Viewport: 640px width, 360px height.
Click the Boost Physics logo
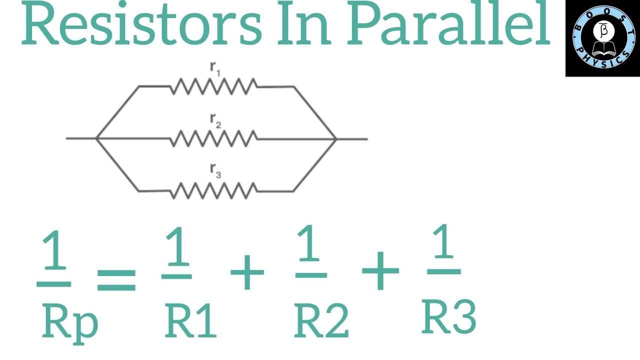click(602, 38)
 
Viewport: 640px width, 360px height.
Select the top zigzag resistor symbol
click(214, 86)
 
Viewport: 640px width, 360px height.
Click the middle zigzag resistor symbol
click(214, 138)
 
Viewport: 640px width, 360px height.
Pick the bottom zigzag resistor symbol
click(214, 190)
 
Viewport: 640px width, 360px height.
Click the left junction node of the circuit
click(96, 138)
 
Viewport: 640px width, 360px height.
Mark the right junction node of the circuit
click(336, 138)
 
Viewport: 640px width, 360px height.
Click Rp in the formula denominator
click(69, 320)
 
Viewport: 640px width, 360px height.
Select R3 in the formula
click(448, 316)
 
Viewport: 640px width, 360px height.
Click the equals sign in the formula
click(116, 279)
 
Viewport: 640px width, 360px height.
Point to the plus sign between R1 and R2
click(247, 271)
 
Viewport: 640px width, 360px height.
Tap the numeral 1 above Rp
click(54, 252)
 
